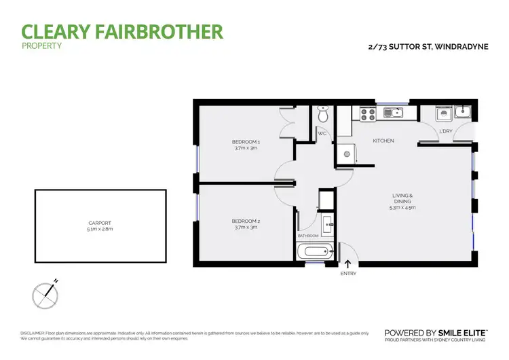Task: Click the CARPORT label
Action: [100, 223]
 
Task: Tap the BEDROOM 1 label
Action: [246, 142]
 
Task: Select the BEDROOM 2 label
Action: [246, 221]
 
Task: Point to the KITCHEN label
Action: [383, 141]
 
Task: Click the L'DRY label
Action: [446, 131]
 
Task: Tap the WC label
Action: [323, 134]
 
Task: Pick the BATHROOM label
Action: [308, 236]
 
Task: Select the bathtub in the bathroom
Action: [314, 253]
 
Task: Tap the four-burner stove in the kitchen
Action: [367, 113]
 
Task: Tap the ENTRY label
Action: [348, 274]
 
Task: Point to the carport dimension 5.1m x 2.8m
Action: [100, 230]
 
